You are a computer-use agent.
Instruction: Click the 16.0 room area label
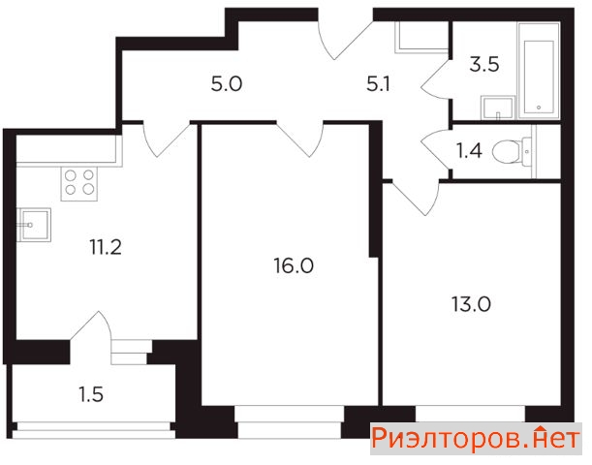click(x=294, y=266)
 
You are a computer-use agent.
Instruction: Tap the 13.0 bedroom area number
click(x=471, y=304)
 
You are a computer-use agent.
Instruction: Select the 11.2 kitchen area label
click(x=106, y=248)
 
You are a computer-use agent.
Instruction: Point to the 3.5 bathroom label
click(x=484, y=64)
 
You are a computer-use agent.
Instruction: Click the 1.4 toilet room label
click(x=469, y=151)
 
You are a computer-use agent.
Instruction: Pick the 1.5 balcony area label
click(x=91, y=395)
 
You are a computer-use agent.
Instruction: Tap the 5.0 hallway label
click(x=227, y=84)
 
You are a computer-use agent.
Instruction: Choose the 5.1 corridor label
click(x=378, y=84)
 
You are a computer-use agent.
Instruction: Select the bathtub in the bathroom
click(x=539, y=71)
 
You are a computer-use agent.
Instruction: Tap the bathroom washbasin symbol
click(x=498, y=108)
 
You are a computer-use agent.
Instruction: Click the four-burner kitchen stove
click(x=78, y=183)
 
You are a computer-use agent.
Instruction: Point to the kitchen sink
click(x=34, y=225)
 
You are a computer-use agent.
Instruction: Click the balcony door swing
click(x=91, y=327)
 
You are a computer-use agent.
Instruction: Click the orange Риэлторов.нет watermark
click(x=476, y=439)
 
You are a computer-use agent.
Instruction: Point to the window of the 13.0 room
click(x=471, y=414)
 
